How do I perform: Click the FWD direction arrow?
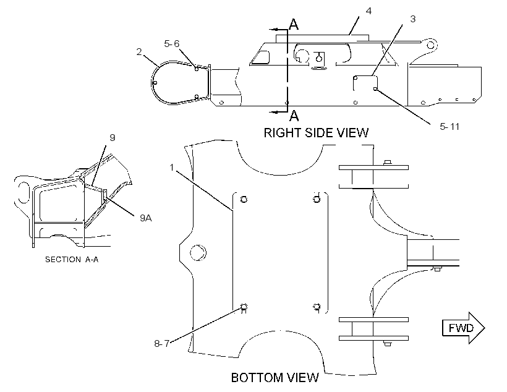pos(463,328)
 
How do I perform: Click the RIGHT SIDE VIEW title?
pos(316,133)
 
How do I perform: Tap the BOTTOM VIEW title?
pos(275,377)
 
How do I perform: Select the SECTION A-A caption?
pos(72,260)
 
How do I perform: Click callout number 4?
pos(369,11)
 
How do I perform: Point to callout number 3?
pos(413,19)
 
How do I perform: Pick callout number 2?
pos(139,52)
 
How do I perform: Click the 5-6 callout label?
pos(171,44)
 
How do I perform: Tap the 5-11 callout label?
pos(449,127)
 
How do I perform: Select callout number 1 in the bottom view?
pos(172,167)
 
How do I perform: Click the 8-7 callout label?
pos(161,344)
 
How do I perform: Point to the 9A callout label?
pos(145,218)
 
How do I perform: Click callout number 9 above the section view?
pos(112,138)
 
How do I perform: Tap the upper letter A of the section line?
pos(294,24)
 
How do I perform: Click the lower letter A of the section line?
pos(294,116)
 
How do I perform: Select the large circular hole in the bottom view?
pos(198,252)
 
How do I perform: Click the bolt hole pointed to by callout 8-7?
pos(244,306)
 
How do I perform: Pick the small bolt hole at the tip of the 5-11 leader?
pos(375,89)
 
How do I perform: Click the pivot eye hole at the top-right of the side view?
pos(431,45)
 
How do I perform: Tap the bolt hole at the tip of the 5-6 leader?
pos(196,69)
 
